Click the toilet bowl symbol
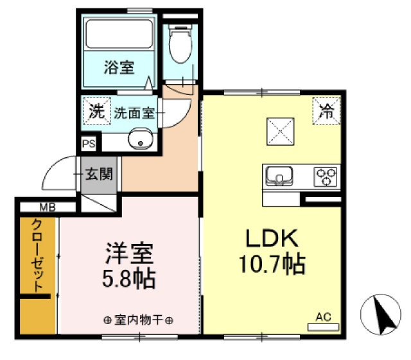click(180, 44)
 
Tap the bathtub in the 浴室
click(119, 34)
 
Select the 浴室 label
click(119, 67)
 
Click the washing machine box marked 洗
click(97, 111)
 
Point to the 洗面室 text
click(134, 114)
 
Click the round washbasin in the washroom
click(141, 139)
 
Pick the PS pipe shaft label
click(89, 144)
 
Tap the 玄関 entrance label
click(99, 175)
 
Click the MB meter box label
click(48, 208)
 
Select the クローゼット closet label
click(37, 255)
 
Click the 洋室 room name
click(129, 253)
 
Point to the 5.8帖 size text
click(128, 279)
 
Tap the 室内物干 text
click(138, 320)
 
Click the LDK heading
click(272, 238)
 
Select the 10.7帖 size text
click(272, 264)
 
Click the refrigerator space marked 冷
click(326, 110)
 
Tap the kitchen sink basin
click(279, 176)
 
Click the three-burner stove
click(326, 177)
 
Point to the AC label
click(323, 317)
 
